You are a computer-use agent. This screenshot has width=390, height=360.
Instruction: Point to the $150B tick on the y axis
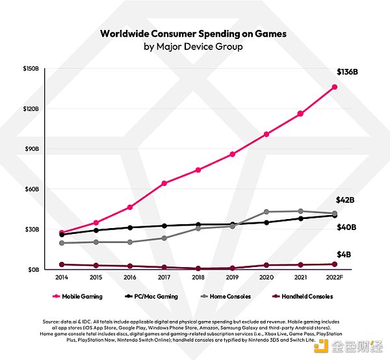click(x=32, y=68)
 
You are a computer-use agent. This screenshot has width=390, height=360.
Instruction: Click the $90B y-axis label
click(x=33, y=149)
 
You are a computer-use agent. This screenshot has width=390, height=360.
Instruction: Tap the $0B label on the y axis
click(x=34, y=269)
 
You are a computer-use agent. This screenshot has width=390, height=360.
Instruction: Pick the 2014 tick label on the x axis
click(x=62, y=277)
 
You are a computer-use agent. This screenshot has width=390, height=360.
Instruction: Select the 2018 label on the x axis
click(x=198, y=277)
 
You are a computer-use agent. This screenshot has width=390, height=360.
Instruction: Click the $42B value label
click(x=344, y=200)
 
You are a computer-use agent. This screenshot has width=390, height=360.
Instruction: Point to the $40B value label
click(x=345, y=227)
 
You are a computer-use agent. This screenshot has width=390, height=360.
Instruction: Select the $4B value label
click(x=343, y=254)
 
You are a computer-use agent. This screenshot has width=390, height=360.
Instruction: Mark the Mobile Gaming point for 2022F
click(x=334, y=87)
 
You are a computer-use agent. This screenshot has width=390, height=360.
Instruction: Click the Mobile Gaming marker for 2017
click(x=164, y=183)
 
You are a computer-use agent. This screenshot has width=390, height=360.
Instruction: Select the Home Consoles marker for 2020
click(x=266, y=212)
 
